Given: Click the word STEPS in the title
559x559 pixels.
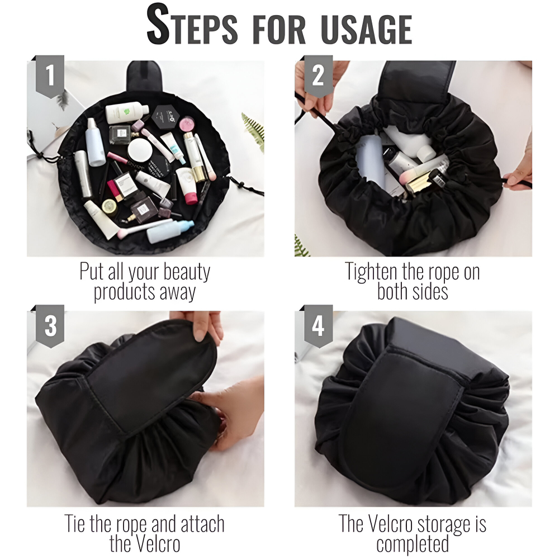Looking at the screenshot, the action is [192, 25].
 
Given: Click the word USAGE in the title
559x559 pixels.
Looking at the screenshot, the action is [367, 29].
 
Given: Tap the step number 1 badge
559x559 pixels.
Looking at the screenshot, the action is [50, 76].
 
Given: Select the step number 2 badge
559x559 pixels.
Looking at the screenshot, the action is [319, 76].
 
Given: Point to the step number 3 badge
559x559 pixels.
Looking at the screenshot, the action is [50, 326].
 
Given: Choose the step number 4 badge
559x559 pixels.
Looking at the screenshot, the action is [319, 326].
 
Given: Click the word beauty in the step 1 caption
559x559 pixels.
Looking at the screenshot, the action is [187, 272].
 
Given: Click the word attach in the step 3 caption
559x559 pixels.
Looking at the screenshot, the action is [202, 524].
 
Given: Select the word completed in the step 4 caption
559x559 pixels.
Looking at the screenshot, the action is [413, 544].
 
